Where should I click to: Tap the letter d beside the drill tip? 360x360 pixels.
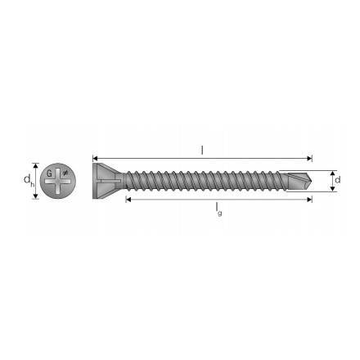(337, 179)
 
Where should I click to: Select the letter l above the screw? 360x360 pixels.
(202, 149)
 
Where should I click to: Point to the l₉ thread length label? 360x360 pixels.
(218, 209)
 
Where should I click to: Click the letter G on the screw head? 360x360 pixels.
(49, 173)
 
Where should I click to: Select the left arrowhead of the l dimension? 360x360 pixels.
(96, 158)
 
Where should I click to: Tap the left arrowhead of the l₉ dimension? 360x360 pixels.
(128, 199)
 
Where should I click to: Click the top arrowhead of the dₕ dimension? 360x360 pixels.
(35, 164)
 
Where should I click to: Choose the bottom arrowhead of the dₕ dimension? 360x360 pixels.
(35, 198)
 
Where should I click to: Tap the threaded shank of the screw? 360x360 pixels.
(205, 178)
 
